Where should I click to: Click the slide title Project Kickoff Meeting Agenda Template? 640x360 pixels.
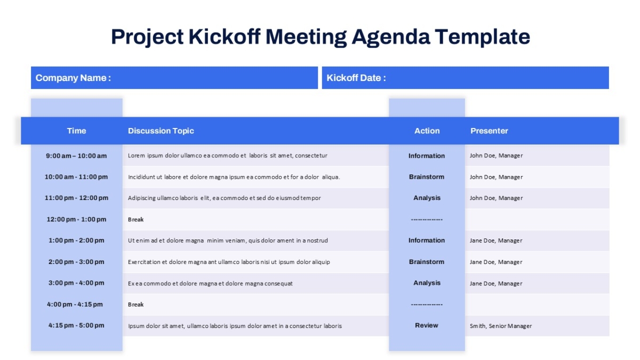321,37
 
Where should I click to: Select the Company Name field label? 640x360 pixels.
73,78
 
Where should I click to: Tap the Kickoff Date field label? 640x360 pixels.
356,78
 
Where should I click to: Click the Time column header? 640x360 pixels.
77,131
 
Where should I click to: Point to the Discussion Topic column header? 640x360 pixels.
161,131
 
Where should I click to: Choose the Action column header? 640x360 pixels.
427,131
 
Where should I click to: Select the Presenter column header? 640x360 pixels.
489,131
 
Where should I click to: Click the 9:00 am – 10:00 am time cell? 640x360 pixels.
76,156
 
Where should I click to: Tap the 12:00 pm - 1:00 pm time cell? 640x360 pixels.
76,219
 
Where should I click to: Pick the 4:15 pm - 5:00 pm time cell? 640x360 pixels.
76,325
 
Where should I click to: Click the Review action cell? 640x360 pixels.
427,325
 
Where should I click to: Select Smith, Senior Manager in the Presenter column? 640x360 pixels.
501,326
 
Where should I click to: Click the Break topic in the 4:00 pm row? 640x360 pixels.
135,305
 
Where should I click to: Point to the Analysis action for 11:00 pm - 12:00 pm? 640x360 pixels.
427,198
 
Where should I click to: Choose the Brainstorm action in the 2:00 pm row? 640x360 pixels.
427,262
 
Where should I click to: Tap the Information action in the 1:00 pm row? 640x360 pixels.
427,241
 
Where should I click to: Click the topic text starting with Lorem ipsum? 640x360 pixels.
227,156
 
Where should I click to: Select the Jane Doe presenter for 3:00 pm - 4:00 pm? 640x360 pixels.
496,283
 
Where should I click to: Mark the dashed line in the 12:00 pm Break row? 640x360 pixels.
427,219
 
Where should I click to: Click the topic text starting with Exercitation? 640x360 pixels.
229,262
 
